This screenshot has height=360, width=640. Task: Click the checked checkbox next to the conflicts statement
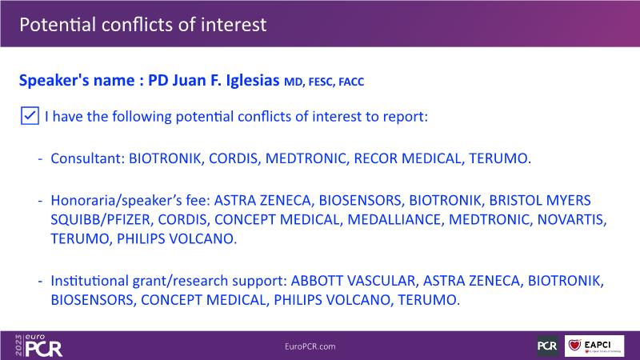[30, 116]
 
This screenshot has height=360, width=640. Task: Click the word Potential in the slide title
[58, 25]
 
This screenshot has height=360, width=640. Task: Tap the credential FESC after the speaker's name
[322, 82]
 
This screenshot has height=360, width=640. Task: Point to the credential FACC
[351, 82]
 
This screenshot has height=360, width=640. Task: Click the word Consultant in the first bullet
[88, 158]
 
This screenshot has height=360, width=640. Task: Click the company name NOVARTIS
[571, 219]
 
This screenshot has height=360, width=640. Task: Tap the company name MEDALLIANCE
[395, 219]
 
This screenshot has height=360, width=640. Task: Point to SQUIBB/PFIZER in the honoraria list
[101, 219]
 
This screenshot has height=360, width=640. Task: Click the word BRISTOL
[514, 201]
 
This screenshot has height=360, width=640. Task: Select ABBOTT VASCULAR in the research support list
[353, 281]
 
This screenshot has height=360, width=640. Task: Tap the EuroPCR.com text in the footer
[310, 346]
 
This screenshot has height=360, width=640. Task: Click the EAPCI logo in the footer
[594, 346]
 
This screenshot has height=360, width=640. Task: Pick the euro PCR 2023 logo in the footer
[38, 346]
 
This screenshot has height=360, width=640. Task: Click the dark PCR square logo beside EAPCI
[547, 346]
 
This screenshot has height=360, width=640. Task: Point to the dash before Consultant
[40, 158]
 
